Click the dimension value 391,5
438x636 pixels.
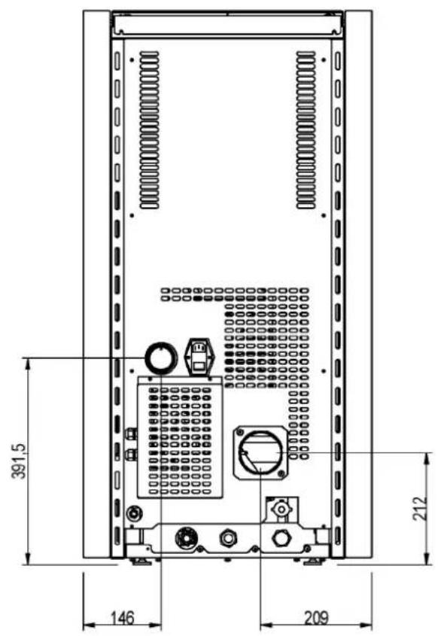point(19,460)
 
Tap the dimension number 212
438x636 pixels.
point(421,508)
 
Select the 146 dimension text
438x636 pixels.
point(122,619)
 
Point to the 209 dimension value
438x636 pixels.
point(316,618)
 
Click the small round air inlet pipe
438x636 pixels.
point(161,357)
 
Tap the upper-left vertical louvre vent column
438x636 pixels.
point(149,129)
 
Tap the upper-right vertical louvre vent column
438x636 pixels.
point(306,129)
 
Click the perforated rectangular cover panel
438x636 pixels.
point(180,437)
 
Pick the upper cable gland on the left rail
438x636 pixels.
point(131,435)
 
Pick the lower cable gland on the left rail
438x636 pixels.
point(131,455)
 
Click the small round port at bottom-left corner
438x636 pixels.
point(134,514)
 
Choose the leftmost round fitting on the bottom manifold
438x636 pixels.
point(186,538)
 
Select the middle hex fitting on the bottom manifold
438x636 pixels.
point(228,538)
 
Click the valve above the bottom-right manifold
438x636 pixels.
point(281,509)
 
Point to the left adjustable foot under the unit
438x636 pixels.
point(141,561)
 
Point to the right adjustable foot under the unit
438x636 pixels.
point(314,561)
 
